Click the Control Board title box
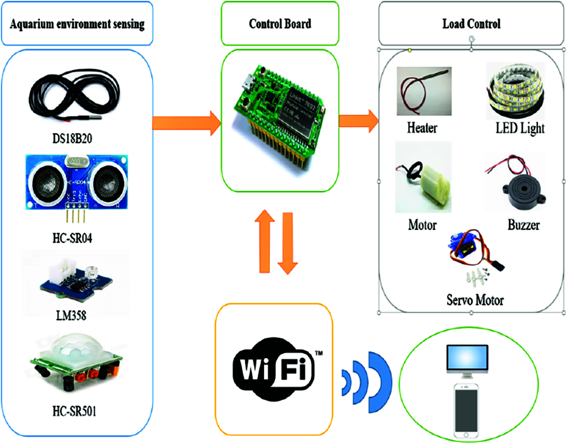click(x=280, y=24)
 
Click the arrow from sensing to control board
click(x=186, y=123)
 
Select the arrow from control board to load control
click(x=358, y=121)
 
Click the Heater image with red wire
click(x=424, y=91)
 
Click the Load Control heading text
click(x=471, y=24)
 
